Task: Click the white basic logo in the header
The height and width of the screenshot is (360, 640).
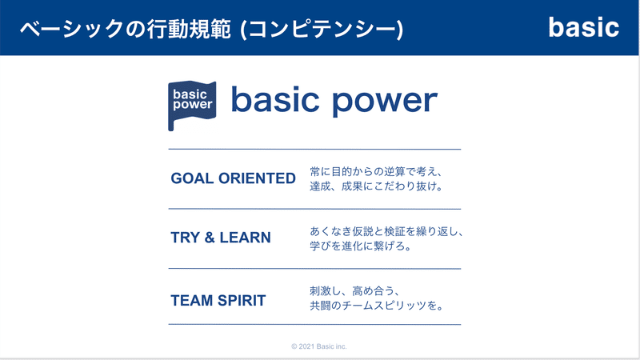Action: click(x=584, y=27)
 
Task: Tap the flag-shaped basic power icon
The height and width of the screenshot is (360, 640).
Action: click(x=192, y=106)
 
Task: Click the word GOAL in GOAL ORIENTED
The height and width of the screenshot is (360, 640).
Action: click(x=192, y=178)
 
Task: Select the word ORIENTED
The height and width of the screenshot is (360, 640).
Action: click(x=257, y=178)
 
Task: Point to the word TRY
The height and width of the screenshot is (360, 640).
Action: click(x=186, y=238)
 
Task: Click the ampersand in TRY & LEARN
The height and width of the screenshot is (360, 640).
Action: click(x=210, y=238)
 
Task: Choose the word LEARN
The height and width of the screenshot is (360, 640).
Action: click(x=246, y=238)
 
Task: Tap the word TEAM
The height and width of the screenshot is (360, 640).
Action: click(x=192, y=301)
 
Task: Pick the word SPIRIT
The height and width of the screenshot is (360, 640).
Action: click(x=242, y=301)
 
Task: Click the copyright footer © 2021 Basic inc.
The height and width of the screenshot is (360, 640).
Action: click(x=318, y=346)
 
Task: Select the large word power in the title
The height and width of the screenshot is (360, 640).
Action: click(x=385, y=102)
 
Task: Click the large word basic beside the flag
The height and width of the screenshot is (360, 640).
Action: click(x=275, y=99)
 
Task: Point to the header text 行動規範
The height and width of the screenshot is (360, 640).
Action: click(x=189, y=30)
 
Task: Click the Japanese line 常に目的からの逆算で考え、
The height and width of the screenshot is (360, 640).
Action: click(x=376, y=171)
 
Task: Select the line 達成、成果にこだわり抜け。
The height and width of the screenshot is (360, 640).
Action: click(x=376, y=186)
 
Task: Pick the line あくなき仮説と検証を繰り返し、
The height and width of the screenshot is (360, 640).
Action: click(x=386, y=231)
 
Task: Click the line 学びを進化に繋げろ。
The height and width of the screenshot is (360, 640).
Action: click(x=361, y=246)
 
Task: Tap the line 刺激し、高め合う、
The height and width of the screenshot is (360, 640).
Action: click(x=354, y=291)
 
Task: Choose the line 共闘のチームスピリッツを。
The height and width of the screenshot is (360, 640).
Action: click(x=376, y=306)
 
